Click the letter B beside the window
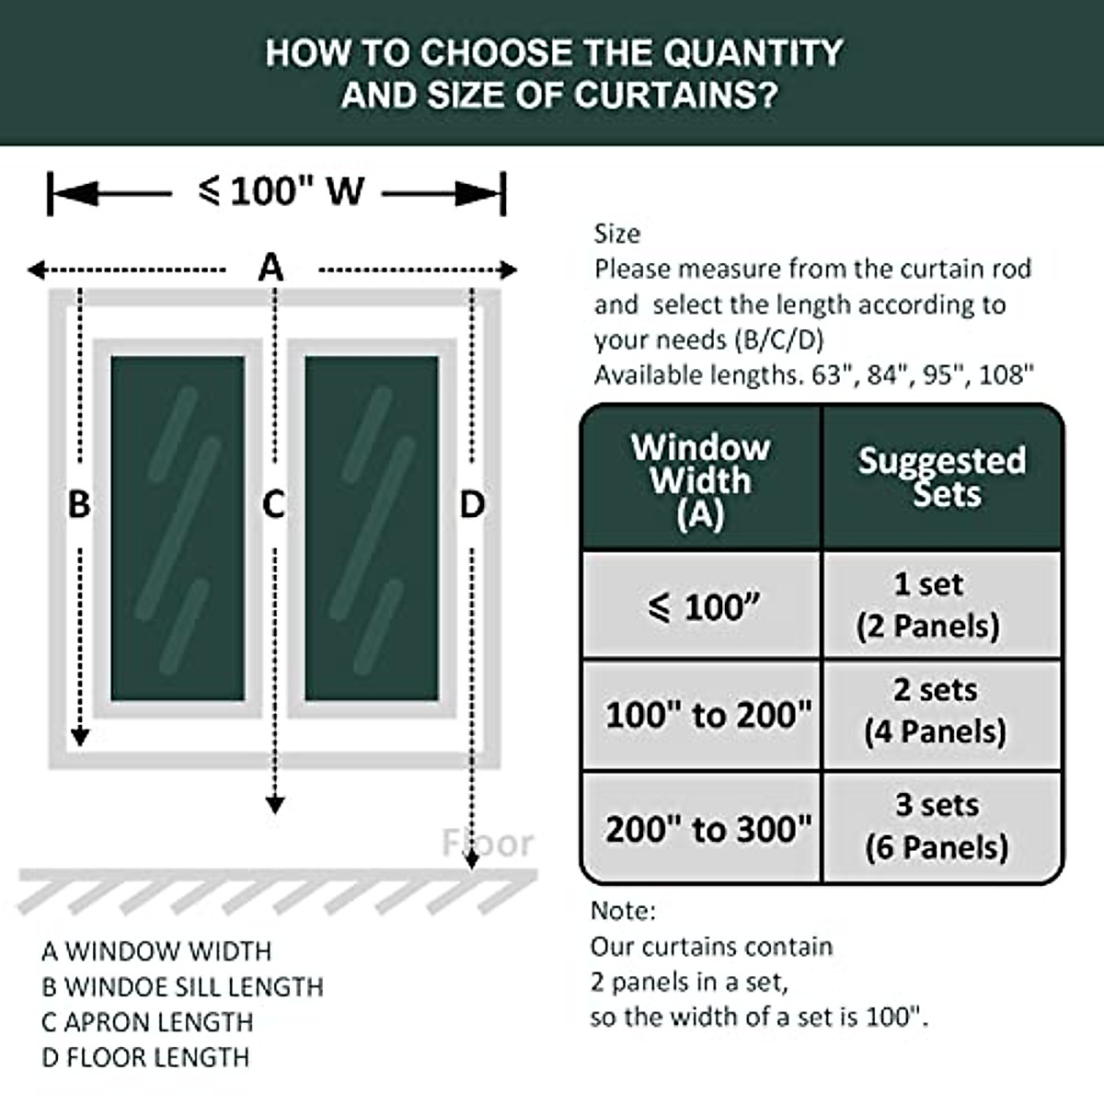79,504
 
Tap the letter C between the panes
274,504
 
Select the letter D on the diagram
472,504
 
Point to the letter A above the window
270,268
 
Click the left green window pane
178,528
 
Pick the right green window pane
372,528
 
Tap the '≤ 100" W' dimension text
282,191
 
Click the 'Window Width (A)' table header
701,479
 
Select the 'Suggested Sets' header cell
942,477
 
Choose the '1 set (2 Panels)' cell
928,604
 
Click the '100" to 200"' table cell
707,715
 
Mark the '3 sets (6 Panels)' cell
937,826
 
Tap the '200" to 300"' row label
707,829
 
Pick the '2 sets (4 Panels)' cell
935,710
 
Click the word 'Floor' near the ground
487,843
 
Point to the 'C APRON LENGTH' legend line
147,1022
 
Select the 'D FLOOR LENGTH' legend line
145,1057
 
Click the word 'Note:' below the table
623,911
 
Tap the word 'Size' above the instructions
616,234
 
